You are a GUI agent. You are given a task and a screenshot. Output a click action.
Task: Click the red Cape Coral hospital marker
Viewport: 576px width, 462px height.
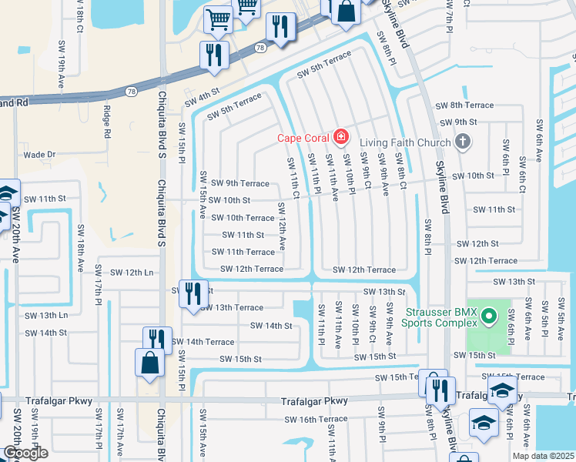point(340,138)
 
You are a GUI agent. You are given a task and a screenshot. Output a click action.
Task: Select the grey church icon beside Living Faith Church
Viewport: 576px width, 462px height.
point(462,140)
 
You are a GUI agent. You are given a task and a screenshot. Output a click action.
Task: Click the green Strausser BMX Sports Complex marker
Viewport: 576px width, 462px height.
point(487,316)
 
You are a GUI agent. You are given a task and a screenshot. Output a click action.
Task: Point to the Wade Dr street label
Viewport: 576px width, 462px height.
point(40,155)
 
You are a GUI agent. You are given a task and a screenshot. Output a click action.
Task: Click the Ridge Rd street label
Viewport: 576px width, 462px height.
point(107,122)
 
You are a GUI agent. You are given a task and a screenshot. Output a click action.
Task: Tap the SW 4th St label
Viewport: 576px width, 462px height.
point(203,99)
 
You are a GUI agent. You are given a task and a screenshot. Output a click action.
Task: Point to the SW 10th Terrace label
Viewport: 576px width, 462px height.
point(243,218)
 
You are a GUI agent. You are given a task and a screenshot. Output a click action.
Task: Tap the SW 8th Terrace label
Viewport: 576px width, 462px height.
point(464,105)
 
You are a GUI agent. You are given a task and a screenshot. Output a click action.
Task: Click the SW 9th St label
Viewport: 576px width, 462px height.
point(459,122)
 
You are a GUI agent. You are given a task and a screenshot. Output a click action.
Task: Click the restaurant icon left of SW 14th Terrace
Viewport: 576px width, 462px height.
point(156,339)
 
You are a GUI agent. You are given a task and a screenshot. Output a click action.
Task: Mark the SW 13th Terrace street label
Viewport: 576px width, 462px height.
point(232,308)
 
